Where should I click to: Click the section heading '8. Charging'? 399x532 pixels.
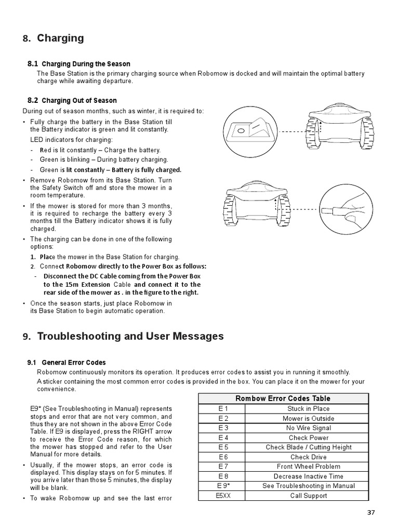pos(53,38)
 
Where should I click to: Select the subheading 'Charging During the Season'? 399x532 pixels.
pos(86,64)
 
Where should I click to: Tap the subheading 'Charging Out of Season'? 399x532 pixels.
pos(79,100)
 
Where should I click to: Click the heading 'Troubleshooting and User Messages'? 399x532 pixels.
pos(123,336)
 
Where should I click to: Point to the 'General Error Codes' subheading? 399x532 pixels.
pos(73,363)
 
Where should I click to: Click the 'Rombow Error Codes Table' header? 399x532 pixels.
pos(283,398)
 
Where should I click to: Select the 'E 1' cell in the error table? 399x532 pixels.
pos(223,409)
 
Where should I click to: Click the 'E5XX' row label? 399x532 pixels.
pos(223,496)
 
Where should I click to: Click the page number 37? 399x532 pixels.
pos(370,512)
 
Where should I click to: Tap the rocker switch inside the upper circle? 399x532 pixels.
pos(248,130)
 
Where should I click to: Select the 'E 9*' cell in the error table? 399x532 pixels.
pos(223,486)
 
